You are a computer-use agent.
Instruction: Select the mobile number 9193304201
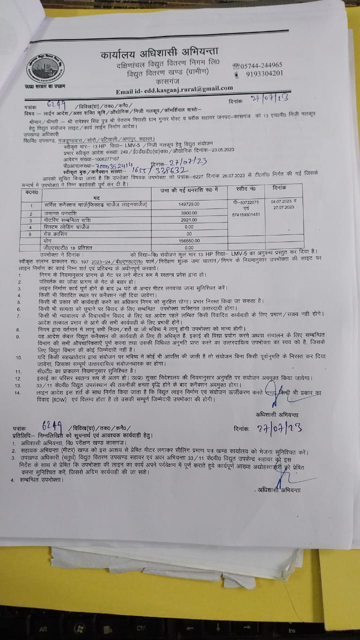click(x=264, y=73)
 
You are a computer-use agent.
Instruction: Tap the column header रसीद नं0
click(x=245, y=188)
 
